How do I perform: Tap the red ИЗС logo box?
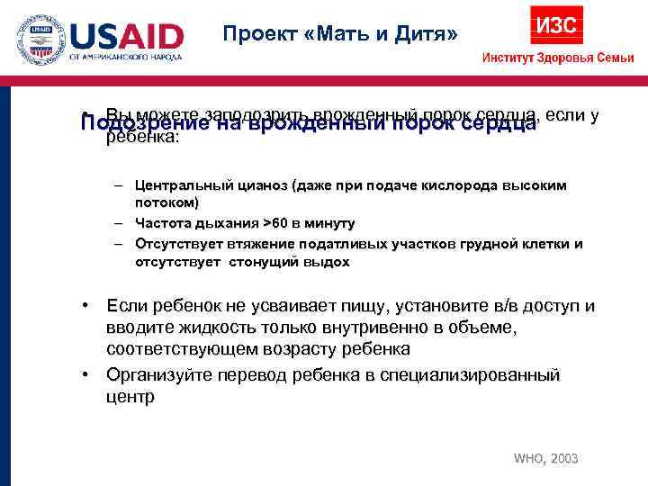(556, 24)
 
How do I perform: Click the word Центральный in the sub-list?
(179, 184)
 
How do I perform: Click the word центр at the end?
(130, 396)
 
